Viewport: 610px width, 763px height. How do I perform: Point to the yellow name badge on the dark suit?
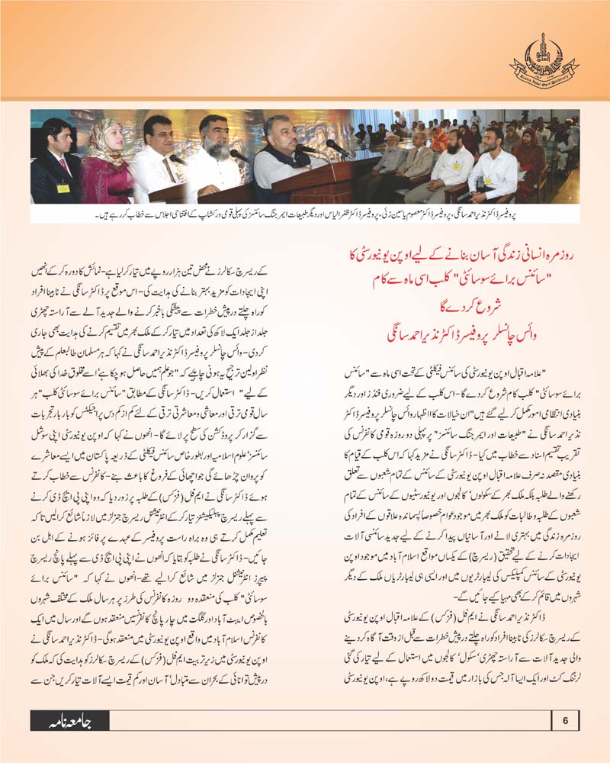63,188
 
